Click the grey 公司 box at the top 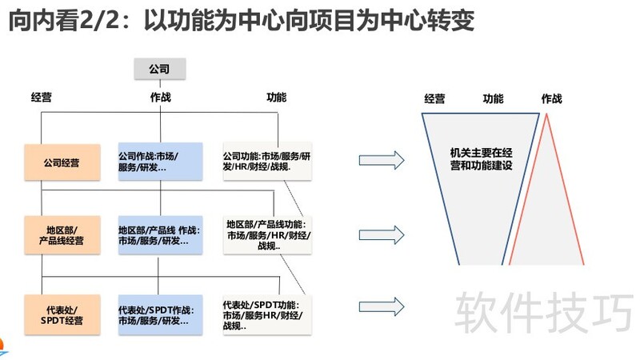159,69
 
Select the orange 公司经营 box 62,162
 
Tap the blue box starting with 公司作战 159,161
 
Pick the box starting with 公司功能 266,161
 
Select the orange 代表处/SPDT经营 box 62,314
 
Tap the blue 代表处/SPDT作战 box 159,314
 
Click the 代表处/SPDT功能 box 266,315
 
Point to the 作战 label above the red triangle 551,99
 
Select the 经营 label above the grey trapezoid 434,99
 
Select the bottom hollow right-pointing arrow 381,306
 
